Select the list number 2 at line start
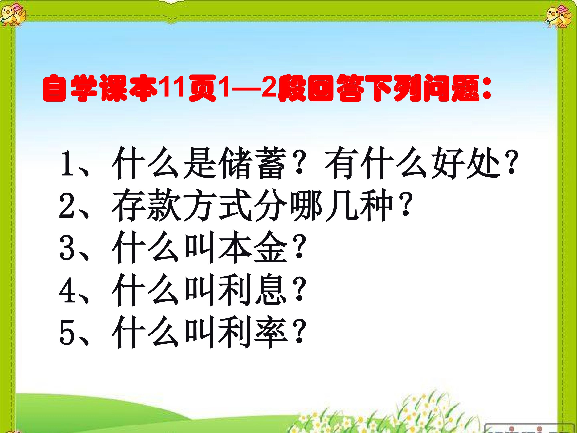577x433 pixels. pyautogui.click(x=67, y=206)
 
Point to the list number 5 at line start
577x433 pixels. pyautogui.click(x=67, y=333)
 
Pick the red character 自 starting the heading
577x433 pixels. pyautogui.click(x=55, y=88)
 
